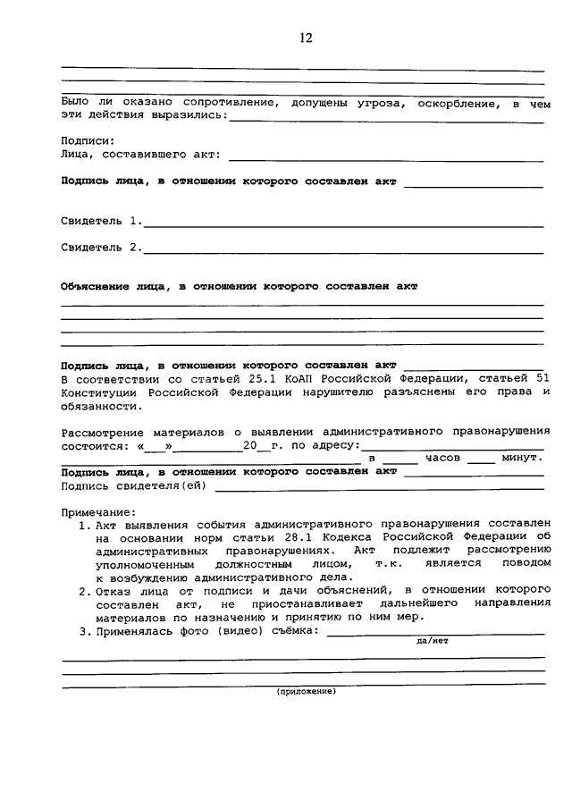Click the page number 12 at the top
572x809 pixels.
click(x=307, y=38)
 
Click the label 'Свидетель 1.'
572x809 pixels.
click(x=101, y=220)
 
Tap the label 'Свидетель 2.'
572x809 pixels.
click(x=101, y=247)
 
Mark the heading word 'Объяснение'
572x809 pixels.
click(x=94, y=287)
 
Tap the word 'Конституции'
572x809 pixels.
click(x=100, y=392)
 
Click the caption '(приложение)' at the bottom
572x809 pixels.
click(x=306, y=692)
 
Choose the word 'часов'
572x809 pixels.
click(x=442, y=458)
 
